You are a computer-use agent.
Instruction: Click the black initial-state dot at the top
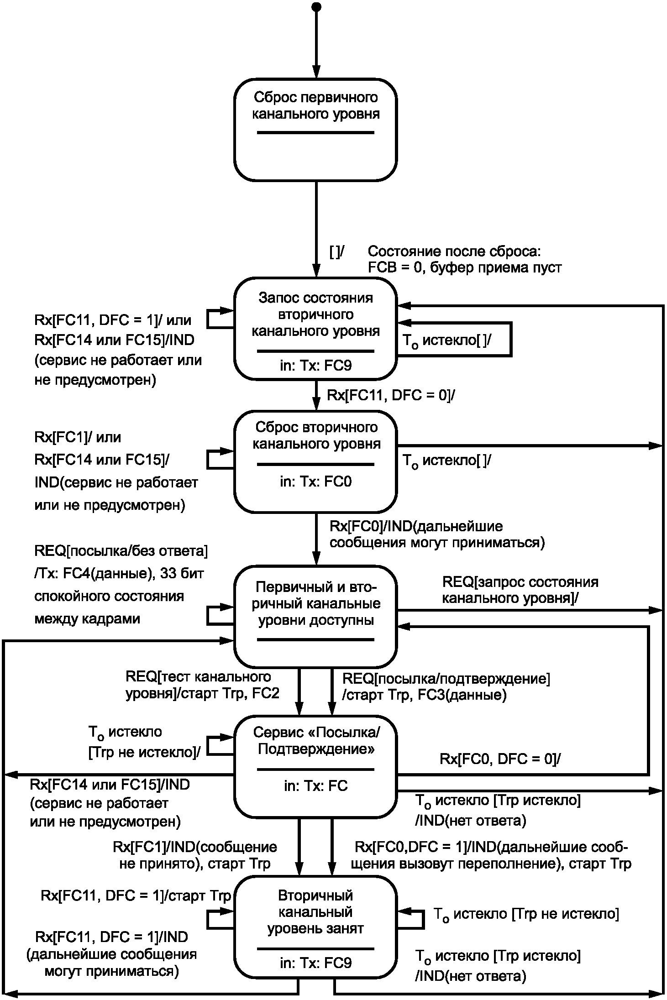click(x=315, y=6)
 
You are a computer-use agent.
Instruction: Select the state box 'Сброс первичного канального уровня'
click(x=315, y=130)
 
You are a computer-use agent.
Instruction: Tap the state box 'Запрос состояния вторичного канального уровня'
click(x=315, y=328)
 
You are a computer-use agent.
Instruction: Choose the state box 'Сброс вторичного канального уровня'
click(x=315, y=461)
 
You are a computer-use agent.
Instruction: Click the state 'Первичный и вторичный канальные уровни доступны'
click(x=315, y=617)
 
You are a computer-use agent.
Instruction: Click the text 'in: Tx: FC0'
click(x=316, y=482)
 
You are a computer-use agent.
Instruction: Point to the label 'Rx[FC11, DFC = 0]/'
click(x=391, y=395)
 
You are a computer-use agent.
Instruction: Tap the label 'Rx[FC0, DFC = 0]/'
click(x=500, y=759)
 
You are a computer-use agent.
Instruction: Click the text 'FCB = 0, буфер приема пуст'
click(x=465, y=267)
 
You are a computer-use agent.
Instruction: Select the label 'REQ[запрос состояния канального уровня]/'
click(x=520, y=590)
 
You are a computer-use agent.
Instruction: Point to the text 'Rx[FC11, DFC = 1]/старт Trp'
click(x=136, y=895)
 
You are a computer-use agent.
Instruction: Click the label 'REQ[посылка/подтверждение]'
click(x=446, y=679)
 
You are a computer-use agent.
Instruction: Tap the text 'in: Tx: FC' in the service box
click(x=316, y=786)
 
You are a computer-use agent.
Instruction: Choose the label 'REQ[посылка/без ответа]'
click(x=121, y=551)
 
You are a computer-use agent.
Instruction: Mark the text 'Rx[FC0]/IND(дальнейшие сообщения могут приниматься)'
click(x=437, y=534)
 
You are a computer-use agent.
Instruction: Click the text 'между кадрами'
click(x=87, y=619)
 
